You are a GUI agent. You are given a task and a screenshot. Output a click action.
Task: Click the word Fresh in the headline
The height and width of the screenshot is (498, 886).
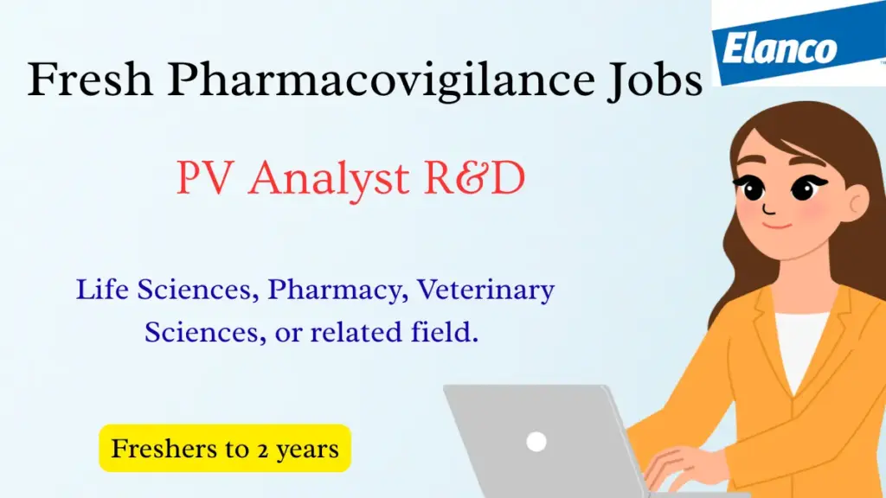pyautogui.click(x=90, y=79)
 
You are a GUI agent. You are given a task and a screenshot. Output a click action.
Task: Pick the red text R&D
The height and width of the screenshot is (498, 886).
pyautogui.click(x=475, y=178)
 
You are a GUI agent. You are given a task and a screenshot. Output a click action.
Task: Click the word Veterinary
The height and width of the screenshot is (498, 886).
pyautogui.click(x=486, y=290)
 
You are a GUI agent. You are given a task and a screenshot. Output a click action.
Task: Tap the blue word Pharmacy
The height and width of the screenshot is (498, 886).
pyautogui.click(x=338, y=290)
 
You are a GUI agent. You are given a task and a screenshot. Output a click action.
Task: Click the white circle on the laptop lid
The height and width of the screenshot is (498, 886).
pyautogui.click(x=536, y=442)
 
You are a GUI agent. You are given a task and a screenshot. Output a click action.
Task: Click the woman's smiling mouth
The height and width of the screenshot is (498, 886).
pyautogui.click(x=778, y=226)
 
